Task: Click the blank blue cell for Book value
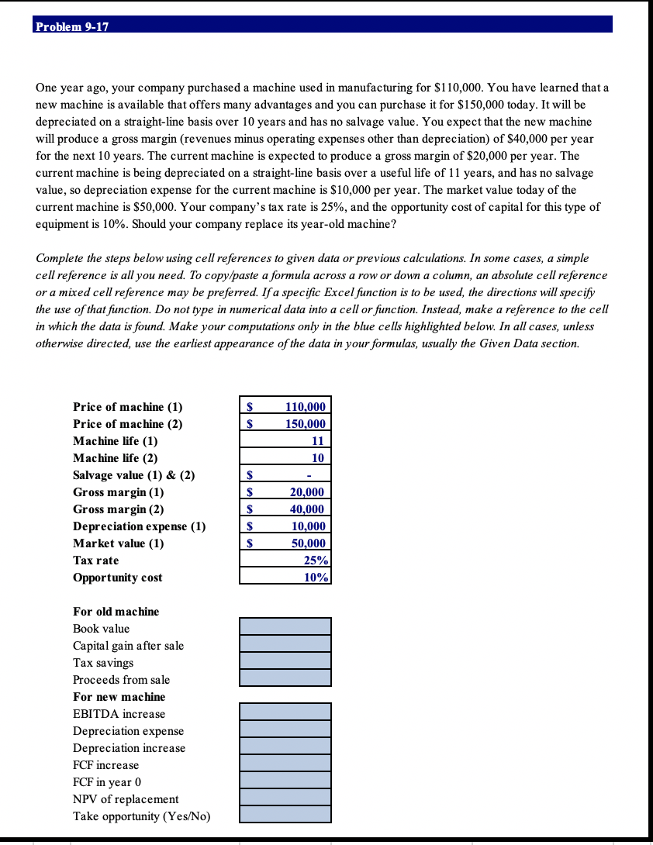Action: pyautogui.click(x=285, y=626)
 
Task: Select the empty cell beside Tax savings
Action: pyautogui.click(x=285, y=660)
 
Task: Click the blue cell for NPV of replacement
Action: pyautogui.click(x=285, y=797)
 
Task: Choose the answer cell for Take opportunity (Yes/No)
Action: pyautogui.click(x=285, y=814)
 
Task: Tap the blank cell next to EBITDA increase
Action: pyautogui.click(x=285, y=712)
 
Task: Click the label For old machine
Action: pyautogui.click(x=116, y=612)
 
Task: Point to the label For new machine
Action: pyautogui.click(x=119, y=697)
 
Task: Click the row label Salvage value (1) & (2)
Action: pyautogui.click(x=133, y=475)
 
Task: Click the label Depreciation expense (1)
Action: pyautogui.click(x=140, y=526)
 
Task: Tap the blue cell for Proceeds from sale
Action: pyautogui.click(x=285, y=678)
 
